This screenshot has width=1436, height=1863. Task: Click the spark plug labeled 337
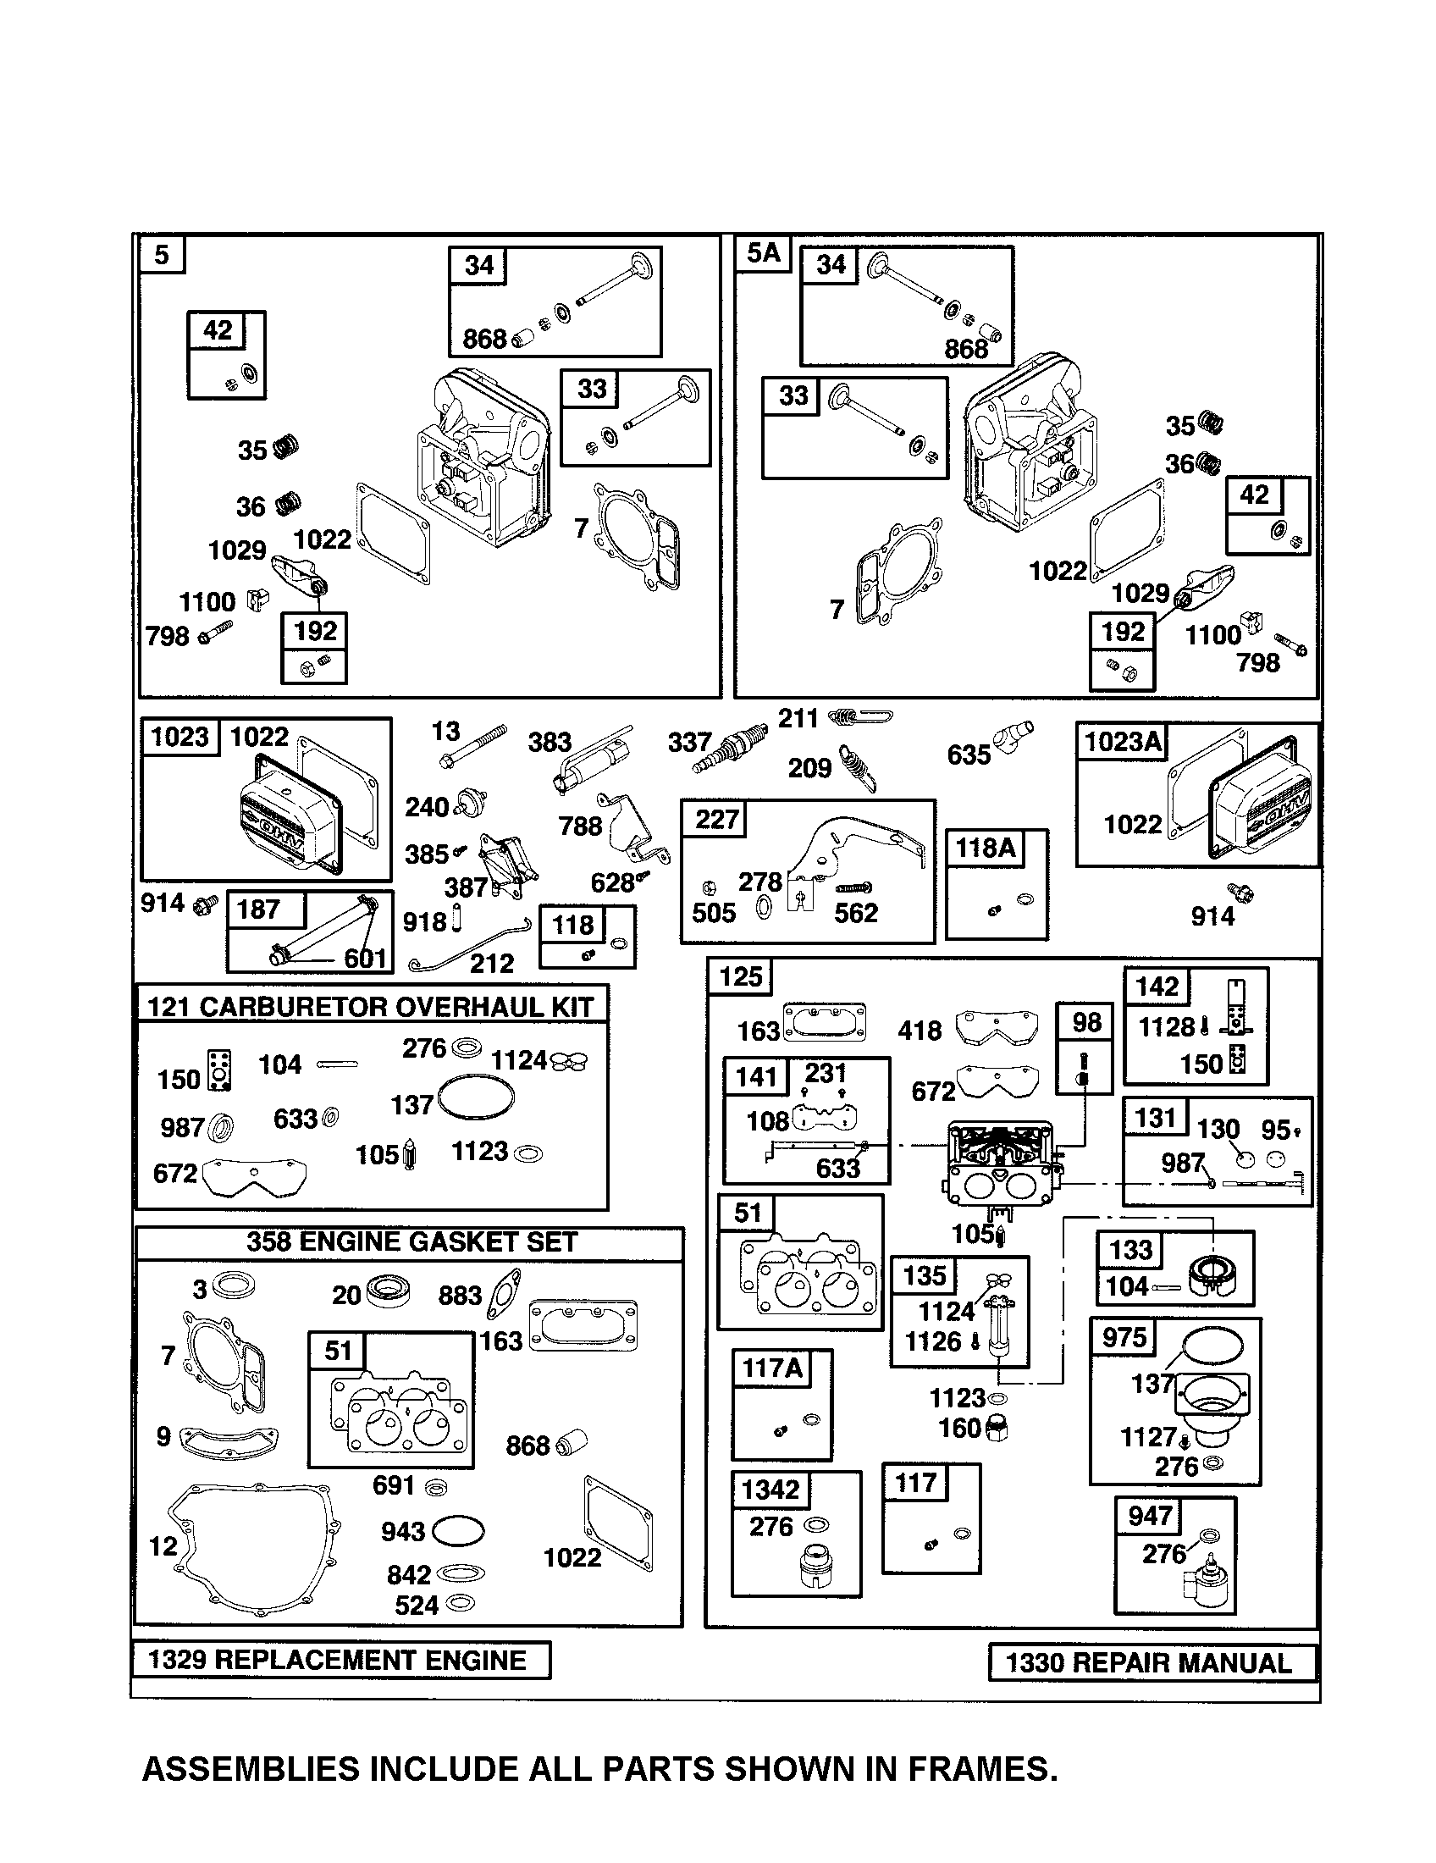tap(725, 750)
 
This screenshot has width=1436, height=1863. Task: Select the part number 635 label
tap(969, 754)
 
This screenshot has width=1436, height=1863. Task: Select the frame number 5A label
tap(763, 253)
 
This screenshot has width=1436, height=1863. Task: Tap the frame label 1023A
tap(1123, 741)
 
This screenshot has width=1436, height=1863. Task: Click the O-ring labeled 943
tap(458, 1530)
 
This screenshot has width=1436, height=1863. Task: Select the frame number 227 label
tap(716, 819)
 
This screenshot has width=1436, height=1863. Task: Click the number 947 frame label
tap(1149, 1516)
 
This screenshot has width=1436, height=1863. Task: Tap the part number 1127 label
tap(1148, 1436)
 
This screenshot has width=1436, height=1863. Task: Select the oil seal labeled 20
tap(388, 1291)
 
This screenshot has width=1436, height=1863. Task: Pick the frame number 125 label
tap(740, 976)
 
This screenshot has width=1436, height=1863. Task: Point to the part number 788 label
tap(580, 826)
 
